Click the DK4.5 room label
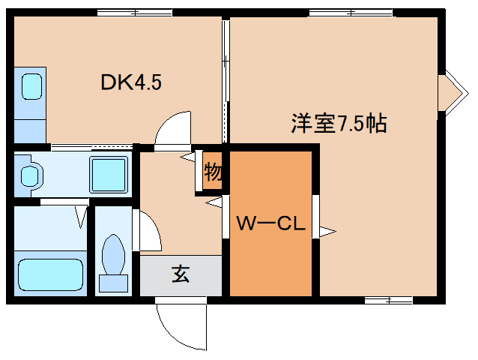131,82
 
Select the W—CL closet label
270,223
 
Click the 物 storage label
212,172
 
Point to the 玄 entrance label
181,274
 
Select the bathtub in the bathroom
50,274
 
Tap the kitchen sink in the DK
31,87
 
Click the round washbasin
30,175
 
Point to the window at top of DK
135,13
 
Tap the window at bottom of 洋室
389,300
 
